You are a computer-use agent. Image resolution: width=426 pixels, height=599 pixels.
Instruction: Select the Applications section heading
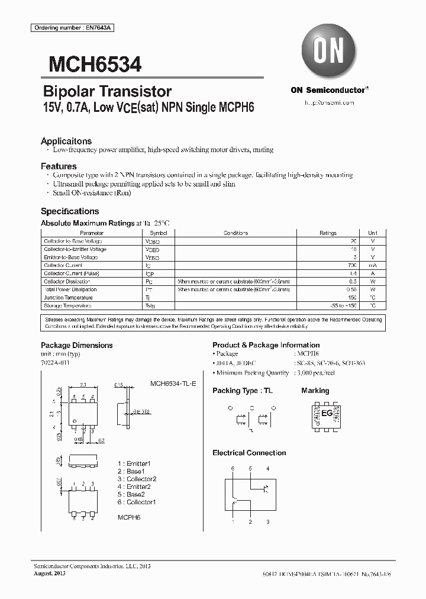[x=66, y=141]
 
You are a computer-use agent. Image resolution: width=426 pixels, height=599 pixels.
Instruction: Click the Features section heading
[x=59, y=166]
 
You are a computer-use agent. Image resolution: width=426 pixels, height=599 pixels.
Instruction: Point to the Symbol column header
[x=152, y=234]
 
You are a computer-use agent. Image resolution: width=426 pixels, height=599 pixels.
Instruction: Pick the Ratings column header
[x=328, y=234]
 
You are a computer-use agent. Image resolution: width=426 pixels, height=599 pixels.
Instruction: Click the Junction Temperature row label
[x=68, y=298]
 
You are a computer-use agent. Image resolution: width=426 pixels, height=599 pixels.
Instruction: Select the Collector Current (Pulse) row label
[x=71, y=273]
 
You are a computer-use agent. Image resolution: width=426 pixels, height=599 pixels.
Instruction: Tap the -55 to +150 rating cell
[x=344, y=306]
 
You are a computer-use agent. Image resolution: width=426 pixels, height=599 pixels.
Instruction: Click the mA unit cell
[x=372, y=266]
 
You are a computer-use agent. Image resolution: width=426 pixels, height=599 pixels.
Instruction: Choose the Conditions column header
[x=235, y=234]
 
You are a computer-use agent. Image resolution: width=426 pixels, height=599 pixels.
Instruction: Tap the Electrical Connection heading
[x=249, y=453]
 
